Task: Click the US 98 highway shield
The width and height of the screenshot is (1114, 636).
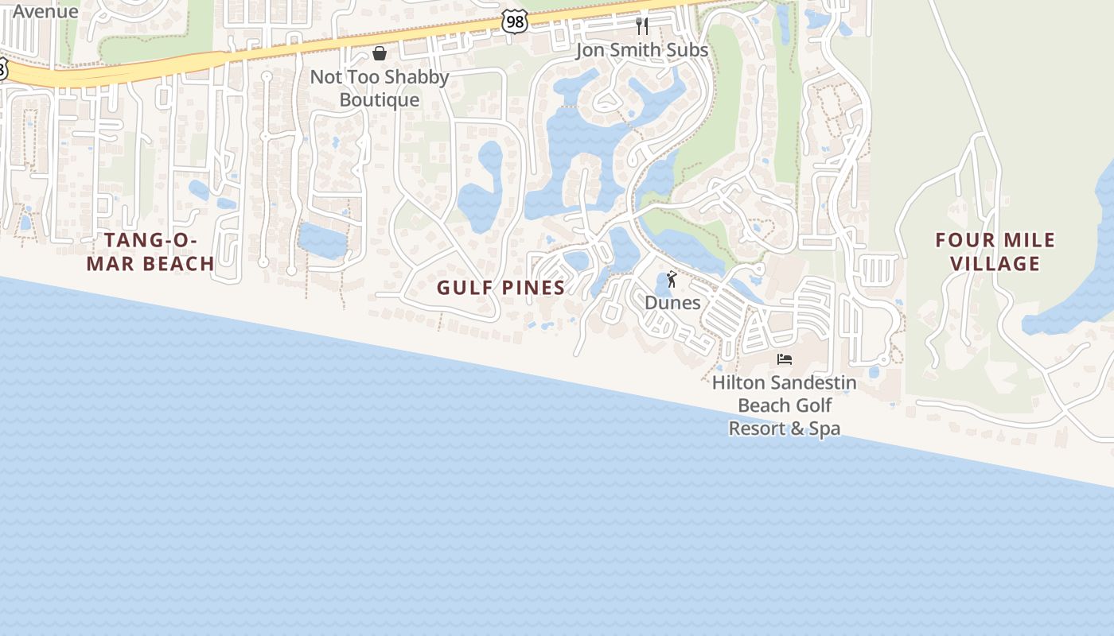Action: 515,21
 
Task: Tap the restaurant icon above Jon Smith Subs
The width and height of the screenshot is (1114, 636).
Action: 642,26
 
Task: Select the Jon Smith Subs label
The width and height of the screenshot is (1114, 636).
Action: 642,50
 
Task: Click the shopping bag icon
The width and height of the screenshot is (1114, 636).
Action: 380,53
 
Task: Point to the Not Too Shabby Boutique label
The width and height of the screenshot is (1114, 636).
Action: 380,88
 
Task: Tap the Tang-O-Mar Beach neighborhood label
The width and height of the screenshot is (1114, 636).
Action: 150,252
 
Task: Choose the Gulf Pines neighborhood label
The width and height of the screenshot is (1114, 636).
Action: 501,288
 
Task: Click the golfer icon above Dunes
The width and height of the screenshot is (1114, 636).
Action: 672,279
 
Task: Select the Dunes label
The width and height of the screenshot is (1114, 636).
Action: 672,303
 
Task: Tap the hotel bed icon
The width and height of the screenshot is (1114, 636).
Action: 785,359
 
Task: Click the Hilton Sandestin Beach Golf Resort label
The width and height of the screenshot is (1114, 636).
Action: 785,405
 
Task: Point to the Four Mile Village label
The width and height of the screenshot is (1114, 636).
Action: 995,252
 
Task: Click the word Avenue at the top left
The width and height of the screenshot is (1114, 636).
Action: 46,11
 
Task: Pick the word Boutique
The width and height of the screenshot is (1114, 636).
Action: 380,100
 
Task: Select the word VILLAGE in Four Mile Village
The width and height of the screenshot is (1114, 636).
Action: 996,264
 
